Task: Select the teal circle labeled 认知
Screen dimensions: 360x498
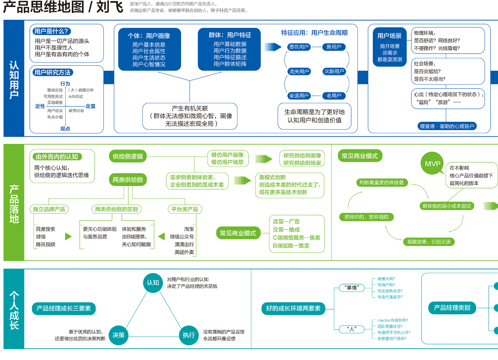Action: [x=153, y=282]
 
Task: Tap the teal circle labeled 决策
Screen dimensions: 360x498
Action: [x=118, y=335]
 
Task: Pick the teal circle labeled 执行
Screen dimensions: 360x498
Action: [x=188, y=335]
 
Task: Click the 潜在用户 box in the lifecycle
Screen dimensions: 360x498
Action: [x=299, y=47]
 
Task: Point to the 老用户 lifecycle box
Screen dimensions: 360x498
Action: [x=334, y=96]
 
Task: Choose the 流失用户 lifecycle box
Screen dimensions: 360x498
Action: [x=299, y=72]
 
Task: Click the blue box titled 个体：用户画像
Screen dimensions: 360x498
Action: [x=149, y=49]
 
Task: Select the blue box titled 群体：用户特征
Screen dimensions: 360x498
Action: [x=230, y=49]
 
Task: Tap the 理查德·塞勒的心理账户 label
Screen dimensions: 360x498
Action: [x=447, y=126]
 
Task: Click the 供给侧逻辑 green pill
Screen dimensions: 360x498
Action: [x=128, y=156]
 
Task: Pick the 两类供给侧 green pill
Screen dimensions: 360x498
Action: [x=128, y=179]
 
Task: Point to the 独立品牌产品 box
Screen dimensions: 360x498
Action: [x=49, y=209]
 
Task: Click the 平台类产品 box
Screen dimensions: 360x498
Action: [x=185, y=209]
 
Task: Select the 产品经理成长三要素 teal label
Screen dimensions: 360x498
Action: [x=64, y=308]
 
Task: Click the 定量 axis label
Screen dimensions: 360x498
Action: [x=90, y=106]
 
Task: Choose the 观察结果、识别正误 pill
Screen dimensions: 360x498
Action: [x=429, y=242]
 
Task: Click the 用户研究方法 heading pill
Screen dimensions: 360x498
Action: [x=53, y=72]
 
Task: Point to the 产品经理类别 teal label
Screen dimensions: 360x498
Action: [x=452, y=308]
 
